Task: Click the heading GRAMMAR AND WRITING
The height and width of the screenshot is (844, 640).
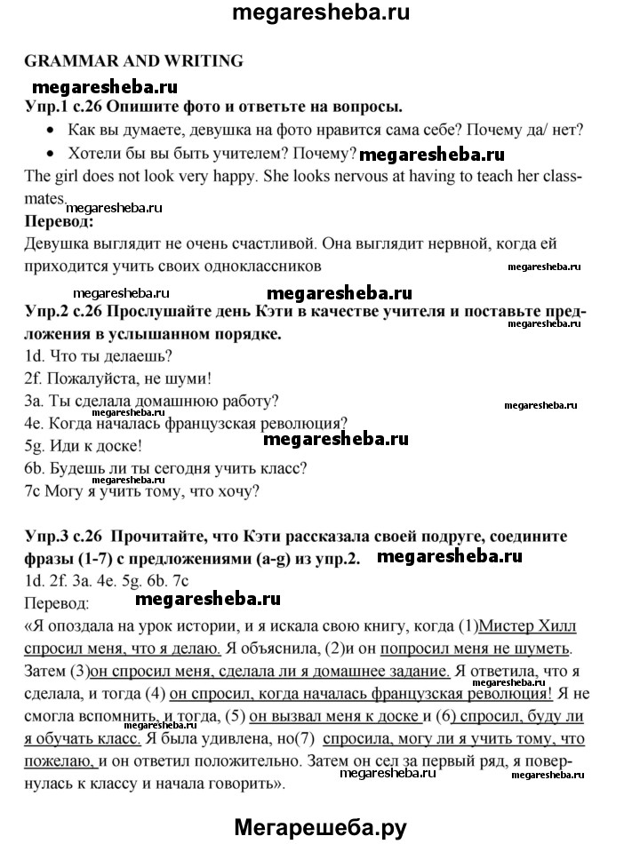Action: [134, 61]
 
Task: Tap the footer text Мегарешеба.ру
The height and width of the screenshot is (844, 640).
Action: [321, 825]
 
